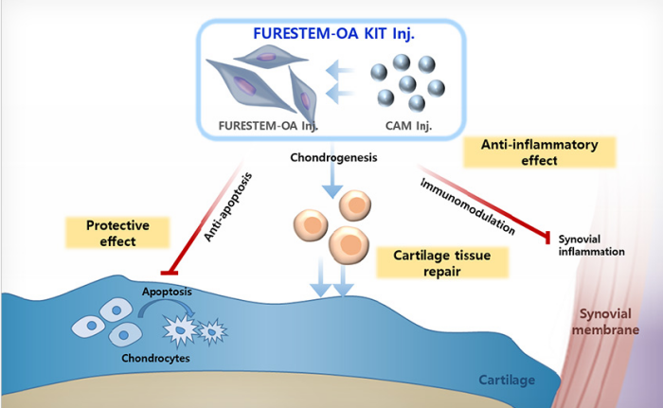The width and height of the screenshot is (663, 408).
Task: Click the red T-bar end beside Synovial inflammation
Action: (546, 238)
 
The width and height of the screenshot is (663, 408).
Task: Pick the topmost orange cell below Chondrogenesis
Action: (354, 205)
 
